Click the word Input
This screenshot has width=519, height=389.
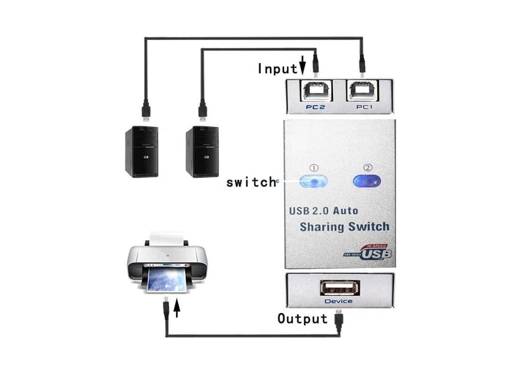click(277, 69)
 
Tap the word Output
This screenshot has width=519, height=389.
click(302, 318)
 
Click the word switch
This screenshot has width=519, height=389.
click(251, 182)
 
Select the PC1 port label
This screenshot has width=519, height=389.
click(364, 107)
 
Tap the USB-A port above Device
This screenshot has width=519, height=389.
click(340, 288)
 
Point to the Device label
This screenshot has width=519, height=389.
click(338, 301)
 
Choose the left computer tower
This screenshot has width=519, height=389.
click(142, 152)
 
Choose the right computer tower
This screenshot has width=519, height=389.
click(202, 152)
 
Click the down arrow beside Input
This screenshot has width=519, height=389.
click(302, 66)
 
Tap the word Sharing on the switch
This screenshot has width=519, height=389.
click(321, 227)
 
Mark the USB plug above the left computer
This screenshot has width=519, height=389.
click(145, 111)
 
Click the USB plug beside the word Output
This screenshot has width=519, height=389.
click(339, 318)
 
